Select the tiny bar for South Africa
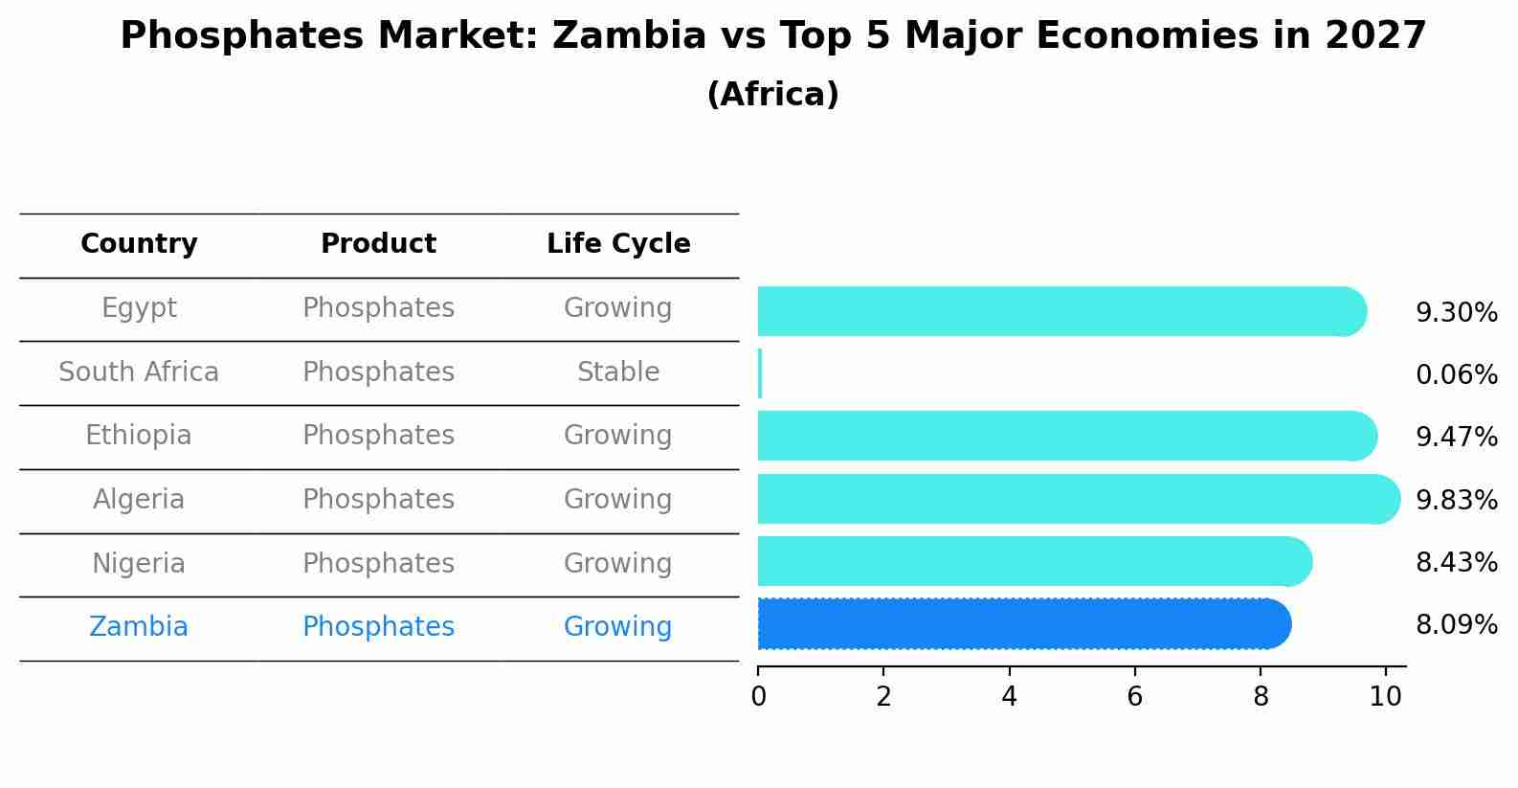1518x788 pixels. point(760,373)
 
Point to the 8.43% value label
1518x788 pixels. point(1456,563)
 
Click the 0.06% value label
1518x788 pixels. point(1456,375)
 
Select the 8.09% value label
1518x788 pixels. point(1456,625)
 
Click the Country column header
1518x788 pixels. point(139,244)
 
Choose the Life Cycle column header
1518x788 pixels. point(618,244)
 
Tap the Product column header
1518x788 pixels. point(378,244)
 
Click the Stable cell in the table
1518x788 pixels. point(618,372)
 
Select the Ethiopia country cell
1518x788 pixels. point(139,436)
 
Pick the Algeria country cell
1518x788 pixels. point(139,500)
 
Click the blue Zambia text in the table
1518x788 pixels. point(139,627)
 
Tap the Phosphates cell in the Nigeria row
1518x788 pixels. point(378,563)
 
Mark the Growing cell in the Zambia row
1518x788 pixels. point(618,627)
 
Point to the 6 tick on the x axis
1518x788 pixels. point(1134,696)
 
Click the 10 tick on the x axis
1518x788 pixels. point(1385,696)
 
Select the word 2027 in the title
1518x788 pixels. point(1375,36)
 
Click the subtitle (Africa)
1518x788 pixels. point(772,95)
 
